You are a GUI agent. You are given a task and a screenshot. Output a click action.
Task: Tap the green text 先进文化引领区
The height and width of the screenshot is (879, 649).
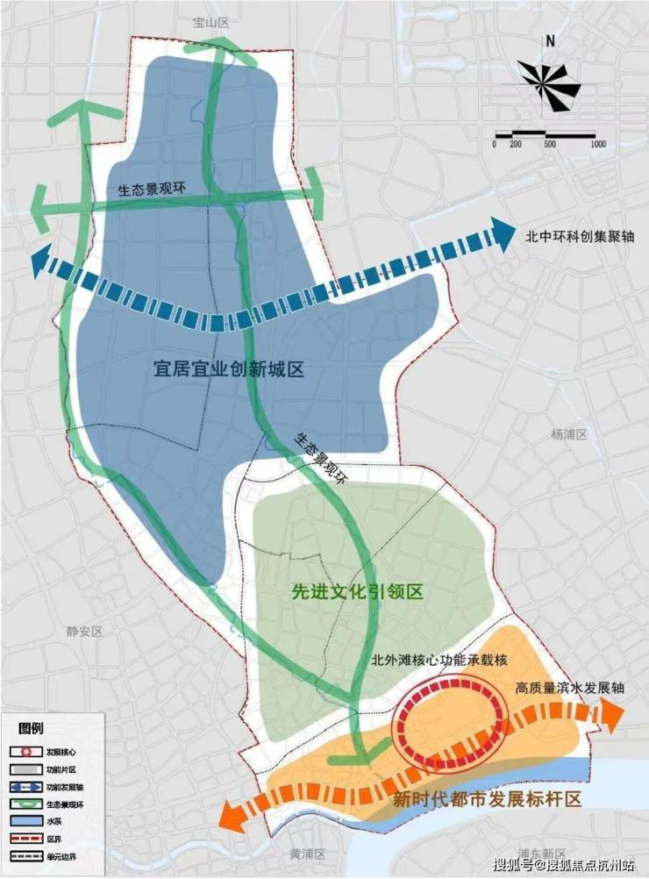[x=357, y=592]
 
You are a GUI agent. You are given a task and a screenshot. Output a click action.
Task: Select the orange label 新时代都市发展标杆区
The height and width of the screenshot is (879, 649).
[x=487, y=799]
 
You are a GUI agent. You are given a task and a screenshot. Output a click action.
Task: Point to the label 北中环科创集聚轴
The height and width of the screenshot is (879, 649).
[x=574, y=235]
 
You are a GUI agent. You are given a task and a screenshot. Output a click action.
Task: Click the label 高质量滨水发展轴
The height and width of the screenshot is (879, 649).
[x=570, y=689]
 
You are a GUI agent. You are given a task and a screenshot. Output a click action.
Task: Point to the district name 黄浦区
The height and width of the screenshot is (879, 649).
[x=307, y=853]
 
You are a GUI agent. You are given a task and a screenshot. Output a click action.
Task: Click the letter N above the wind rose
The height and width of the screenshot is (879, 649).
[x=550, y=40]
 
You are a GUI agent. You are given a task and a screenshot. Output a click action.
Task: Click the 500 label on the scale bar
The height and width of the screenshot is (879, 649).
[x=549, y=144]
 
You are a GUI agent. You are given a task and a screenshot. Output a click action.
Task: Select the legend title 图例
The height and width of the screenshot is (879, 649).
[x=31, y=727]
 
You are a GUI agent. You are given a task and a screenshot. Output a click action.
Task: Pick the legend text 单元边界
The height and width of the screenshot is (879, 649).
[x=63, y=865]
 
